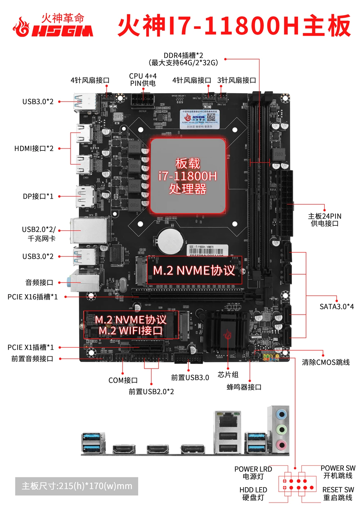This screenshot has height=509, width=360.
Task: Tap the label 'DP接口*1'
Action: tap(38, 196)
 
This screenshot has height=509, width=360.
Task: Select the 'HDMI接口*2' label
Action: tap(34, 148)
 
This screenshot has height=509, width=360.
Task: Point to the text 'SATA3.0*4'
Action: tap(337, 307)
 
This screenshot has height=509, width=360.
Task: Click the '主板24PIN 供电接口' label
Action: tap(324, 220)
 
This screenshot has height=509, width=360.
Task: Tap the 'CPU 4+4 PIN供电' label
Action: tap(143, 80)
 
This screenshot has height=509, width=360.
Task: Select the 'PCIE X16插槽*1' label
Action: tap(32, 297)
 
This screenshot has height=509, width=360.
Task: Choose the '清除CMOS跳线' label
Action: tap(325, 362)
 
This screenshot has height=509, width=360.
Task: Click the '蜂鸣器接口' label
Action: tap(244, 387)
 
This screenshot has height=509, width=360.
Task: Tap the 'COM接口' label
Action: tap(123, 380)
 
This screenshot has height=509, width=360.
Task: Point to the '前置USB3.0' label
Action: tap(190, 378)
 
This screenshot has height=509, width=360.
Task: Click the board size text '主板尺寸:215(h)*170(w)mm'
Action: tap(77, 486)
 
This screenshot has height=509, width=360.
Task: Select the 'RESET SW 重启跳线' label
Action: tap(338, 494)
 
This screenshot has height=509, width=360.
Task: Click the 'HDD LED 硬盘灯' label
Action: tap(253, 494)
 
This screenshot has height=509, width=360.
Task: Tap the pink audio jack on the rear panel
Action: tap(282, 445)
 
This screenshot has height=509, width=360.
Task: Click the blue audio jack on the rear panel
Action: tap(282, 415)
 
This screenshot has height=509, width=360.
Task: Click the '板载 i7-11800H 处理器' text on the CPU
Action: tap(188, 176)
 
